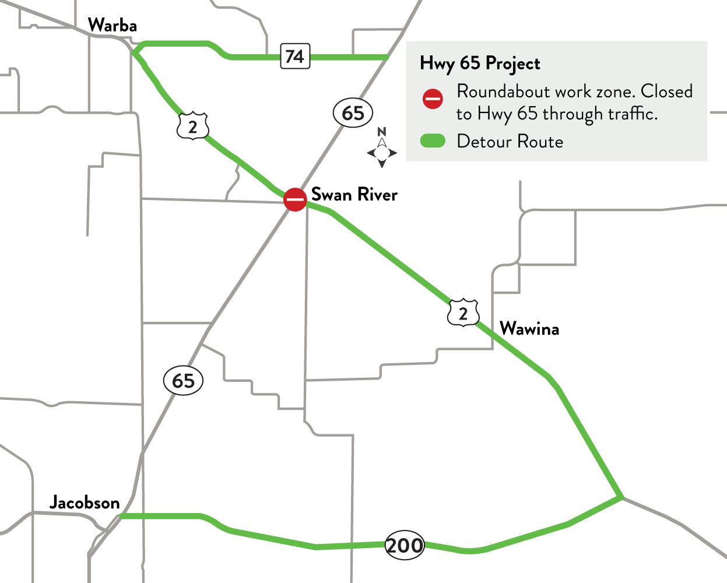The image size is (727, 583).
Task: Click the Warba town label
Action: coord(112,26)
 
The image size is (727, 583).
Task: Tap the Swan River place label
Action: coord(354,195)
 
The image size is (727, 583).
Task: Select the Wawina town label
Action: coord(529,329)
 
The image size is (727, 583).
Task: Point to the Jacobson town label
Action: coord(85,503)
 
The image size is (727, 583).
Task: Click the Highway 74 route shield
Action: coord(294,56)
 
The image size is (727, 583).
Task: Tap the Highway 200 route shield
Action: coord(405,545)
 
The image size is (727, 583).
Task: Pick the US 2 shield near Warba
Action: coord(193,126)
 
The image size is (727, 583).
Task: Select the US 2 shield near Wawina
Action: coord(463,314)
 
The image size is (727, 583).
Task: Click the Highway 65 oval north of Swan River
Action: coord(353,113)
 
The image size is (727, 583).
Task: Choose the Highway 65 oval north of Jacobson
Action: coord(183,381)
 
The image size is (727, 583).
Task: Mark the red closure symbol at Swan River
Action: coord(295,199)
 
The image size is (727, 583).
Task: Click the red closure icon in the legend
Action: coord(433,99)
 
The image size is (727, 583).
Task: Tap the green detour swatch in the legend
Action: coord(433,141)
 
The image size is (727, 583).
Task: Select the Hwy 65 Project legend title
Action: coord(480,64)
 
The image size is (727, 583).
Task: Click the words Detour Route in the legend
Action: coord(510,142)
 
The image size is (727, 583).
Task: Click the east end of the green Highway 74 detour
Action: coord(385,57)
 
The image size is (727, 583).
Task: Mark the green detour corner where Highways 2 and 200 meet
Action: coord(621,497)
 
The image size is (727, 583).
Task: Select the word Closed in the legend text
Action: coord(666,92)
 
